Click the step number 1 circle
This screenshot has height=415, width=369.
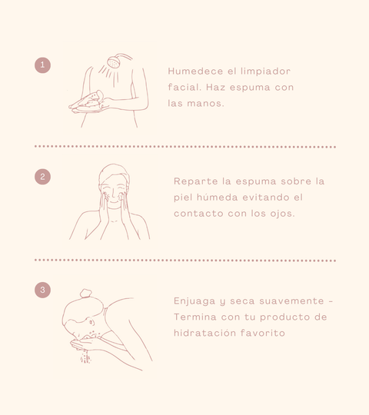pyautogui.click(x=42, y=65)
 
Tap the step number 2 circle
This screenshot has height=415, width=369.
pyautogui.click(x=42, y=177)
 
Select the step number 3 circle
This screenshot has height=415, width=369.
pyautogui.click(x=42, y=290)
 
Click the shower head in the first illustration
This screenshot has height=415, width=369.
pyautogui.click(x=114, y=62)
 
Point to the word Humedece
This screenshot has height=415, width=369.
pyautogui.click(x=195, y=71)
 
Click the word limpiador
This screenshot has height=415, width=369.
pyautogui.click(x=265, y=71)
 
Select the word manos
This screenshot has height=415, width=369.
pyautogui.click(x=205, y=104)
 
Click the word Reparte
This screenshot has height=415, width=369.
pyautogui.click(x=195, y=181)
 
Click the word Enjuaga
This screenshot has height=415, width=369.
pyautogui.click(x=194, y=301)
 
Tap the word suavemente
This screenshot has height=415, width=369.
pyautogui.click(x=291, y=301)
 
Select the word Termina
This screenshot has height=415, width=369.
pyautogui.click(x=195, y=317)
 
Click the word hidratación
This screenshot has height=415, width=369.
pyautogui.click(x=204, y=333)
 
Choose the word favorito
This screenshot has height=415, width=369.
pyautogui.click(x=263, y=333)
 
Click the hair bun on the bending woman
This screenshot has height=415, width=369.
pyautogui.click(x=86, y=293)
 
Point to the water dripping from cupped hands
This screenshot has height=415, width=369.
pyautogui.click(x=85, y=357)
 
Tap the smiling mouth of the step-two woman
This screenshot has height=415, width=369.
pyautogui.click(x=114, y=202)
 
